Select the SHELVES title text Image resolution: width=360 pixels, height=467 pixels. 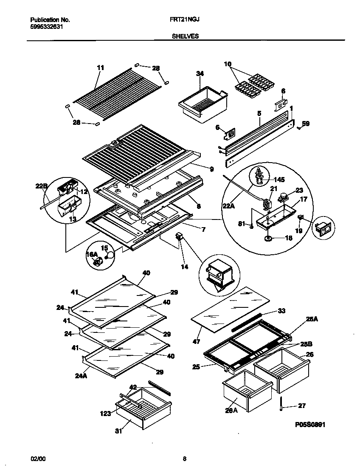pyautogui.click(x=185, y=37)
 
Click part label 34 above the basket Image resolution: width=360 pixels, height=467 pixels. pyautogui.click(x=200, y=73)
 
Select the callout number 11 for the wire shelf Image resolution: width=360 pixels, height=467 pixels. pyautogui.click(x=101, y=68)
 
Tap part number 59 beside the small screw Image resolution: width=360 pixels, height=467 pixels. pyautogui.click(x=306, y=124)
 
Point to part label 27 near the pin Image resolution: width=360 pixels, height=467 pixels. pyautogui.click(x=302, y=406)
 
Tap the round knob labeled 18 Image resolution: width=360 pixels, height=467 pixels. pyautogui.click(x=268, y=239)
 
